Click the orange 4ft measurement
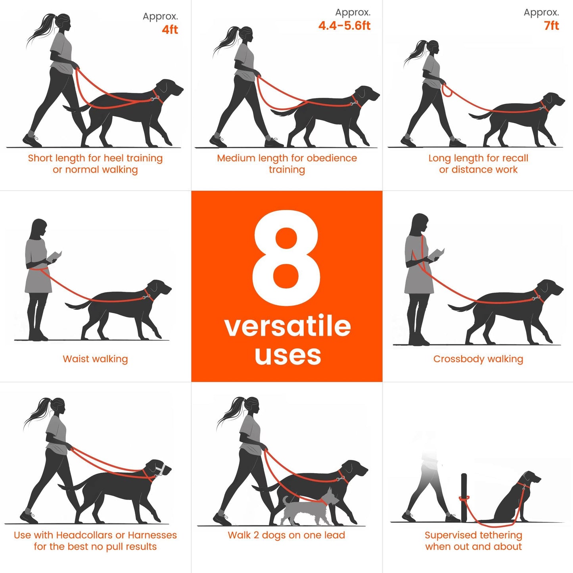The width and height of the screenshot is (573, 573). (x=170, y=30)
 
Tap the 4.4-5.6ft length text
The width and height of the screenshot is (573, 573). (x=344, y=26)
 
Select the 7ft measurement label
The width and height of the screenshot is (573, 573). (x=551, y=26)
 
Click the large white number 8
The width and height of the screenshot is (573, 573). (x=286, y=258)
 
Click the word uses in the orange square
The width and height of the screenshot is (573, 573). (x=287, y=355)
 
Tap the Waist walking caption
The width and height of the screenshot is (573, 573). (x=95, y=359)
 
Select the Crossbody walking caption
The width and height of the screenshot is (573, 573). (x=478, y=359)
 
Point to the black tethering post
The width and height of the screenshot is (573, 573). (x=464, y=496)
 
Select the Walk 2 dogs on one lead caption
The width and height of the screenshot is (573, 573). (x=286, y=535)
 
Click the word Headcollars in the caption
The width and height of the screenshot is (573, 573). (x=84, y=535)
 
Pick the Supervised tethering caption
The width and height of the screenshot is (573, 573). (x=473, y=540)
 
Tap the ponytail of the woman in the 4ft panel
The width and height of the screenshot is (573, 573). (x=40, y=30)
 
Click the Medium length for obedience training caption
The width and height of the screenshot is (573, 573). (x=287, y=163)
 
